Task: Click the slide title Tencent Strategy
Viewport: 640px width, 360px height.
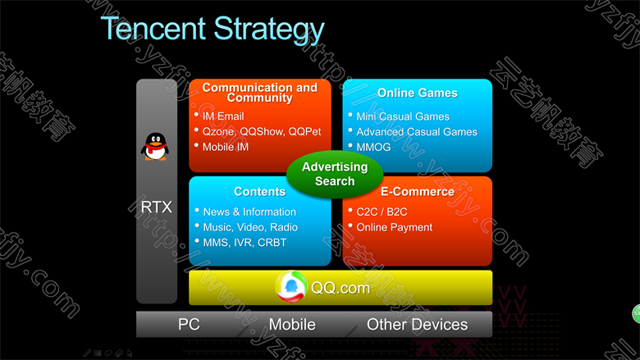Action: click(x=213, y=30)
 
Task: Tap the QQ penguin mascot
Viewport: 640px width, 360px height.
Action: click(x=155, y=146)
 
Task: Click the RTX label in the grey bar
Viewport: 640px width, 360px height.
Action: click(x=157, y=207)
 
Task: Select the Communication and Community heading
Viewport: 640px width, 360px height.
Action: click(x=259, y=93)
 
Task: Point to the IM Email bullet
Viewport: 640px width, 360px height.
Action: click(x=223, y=116)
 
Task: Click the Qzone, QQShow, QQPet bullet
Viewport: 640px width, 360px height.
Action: click(x=262, y=132)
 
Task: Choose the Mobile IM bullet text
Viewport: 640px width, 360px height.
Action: click(x=226, y=147)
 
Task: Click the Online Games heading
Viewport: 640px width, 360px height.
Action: click(x=417, y=93)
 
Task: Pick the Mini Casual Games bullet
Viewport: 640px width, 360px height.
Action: click(x=402, y=116)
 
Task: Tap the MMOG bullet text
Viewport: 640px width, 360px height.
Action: click(x=373, y=147)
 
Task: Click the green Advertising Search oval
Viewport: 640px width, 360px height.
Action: click(x=335, y=174)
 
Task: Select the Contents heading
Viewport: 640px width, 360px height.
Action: click(x=259, y=192)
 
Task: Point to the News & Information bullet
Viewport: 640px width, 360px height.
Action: click(x=249, y=212)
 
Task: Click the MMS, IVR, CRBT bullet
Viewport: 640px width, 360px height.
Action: click(x=245, y=243)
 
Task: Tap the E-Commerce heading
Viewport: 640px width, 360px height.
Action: click(x=417, y=192)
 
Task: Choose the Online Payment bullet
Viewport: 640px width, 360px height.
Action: click(x=395, y=227)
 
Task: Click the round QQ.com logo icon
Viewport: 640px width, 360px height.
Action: click(x=291, y=287)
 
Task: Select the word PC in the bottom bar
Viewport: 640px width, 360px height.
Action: click(x=189, y=325)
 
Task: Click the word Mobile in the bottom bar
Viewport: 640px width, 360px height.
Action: click(x=292, y=325)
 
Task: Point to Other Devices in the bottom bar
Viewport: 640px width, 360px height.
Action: click(x=417, y=325)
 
